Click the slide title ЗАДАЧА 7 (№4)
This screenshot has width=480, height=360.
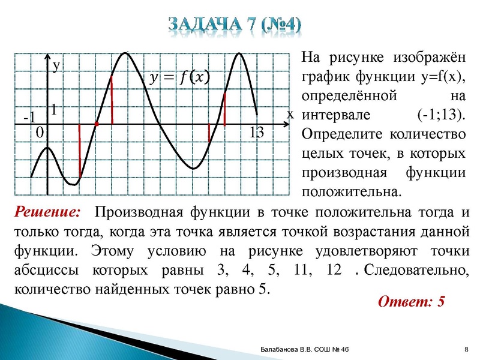(235, 25)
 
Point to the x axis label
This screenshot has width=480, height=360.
(290, 113)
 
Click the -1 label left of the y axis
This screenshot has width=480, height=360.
(29, 116)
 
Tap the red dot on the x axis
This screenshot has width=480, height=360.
(97, 124)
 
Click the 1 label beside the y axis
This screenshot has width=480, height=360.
(54, 110)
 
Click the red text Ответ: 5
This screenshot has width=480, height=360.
(411, 301)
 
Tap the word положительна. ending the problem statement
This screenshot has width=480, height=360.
(351, 193)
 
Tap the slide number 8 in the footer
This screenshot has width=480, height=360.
(466, 349)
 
